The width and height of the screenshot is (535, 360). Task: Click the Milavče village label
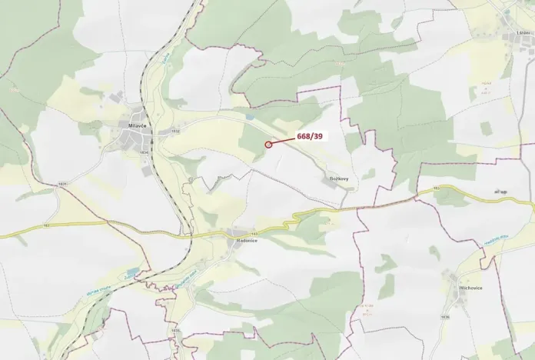[138, 125]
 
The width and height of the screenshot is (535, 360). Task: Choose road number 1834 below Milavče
[144, 152]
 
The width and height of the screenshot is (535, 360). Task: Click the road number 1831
[63, 184]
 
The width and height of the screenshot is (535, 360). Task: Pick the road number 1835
[175, 331]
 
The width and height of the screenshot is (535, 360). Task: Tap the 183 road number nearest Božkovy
[435, 188]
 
